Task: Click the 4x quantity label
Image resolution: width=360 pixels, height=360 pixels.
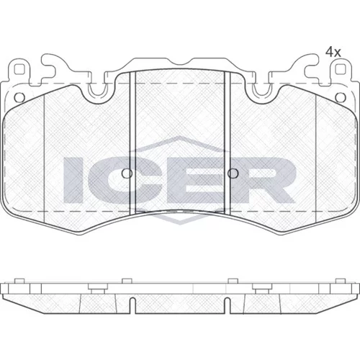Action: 333,53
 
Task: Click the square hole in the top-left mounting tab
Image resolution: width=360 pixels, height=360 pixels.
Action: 19,70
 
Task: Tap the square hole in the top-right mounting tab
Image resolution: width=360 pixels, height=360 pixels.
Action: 340,70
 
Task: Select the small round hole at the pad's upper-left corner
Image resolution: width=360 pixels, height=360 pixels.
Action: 19,97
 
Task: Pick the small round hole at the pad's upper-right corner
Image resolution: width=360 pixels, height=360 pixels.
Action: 340,97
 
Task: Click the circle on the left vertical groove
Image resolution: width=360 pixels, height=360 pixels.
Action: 127,174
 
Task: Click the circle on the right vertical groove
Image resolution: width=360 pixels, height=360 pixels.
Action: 233,174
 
